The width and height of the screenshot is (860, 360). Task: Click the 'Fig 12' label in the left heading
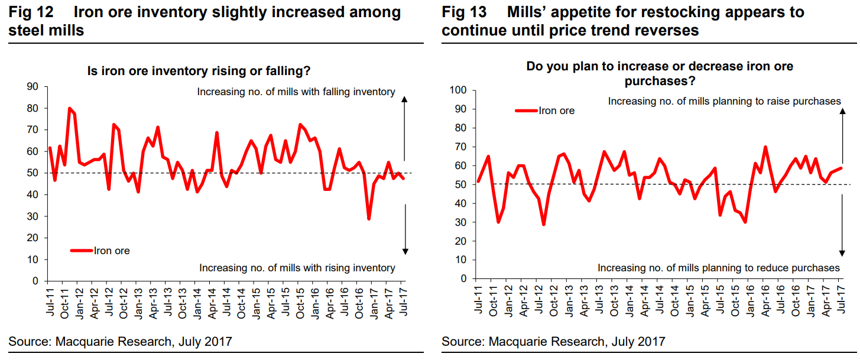(29, 12)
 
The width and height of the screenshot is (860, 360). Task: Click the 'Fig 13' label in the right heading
(462, 12)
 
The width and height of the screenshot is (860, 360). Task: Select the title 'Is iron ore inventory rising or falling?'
(199, 71)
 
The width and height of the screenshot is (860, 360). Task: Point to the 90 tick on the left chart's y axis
(33, 87)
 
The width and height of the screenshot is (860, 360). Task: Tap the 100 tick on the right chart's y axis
(458, 90)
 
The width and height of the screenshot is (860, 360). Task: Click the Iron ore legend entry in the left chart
(100, 251)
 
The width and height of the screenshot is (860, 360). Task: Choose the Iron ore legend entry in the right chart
(544, 111)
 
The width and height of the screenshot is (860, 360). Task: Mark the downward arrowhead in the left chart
(405, 251)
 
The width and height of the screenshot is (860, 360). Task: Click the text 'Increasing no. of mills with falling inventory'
(296, 92)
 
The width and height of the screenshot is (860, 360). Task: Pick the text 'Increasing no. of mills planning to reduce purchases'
(719, 268)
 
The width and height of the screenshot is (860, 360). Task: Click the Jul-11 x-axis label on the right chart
(479, 298)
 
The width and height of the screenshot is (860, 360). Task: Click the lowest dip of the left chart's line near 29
(369, 219)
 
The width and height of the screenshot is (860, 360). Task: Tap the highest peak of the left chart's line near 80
(70, 109)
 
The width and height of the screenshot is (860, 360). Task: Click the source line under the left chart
(120, 341)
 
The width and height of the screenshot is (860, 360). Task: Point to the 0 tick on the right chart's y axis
(463, 278)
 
